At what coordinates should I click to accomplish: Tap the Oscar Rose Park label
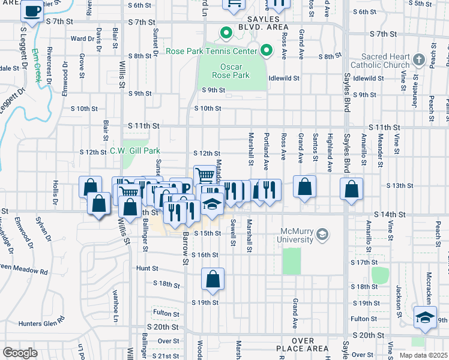tap(231, 70)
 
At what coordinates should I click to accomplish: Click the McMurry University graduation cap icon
tap(322, 233)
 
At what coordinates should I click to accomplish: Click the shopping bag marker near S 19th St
tap(212, 280)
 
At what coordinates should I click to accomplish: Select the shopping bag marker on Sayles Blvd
tap(351, 189)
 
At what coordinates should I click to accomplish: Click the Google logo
tap(20, 353)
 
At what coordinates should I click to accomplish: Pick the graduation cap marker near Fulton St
tap(425, 319)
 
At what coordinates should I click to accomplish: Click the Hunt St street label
tap(146, 268)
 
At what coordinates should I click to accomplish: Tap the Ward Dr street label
tap(79, 38)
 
